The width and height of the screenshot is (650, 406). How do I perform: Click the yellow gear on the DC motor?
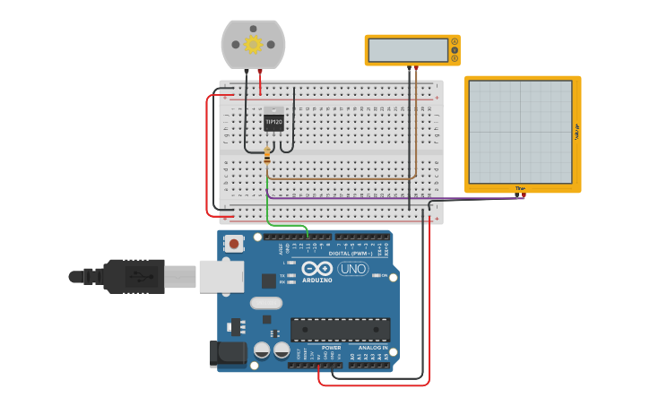coord(253,44)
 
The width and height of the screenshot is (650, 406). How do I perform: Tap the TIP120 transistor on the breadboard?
coord(273,121)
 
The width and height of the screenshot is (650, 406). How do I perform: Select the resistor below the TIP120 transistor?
coord(267,157)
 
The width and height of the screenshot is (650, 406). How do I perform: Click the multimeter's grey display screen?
coord(408,50)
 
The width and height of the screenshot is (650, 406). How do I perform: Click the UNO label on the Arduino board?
coord(352,269)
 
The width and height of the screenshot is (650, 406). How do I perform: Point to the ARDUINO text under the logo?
coord(317,281)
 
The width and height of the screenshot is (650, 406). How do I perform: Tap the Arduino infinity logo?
coord(317,268)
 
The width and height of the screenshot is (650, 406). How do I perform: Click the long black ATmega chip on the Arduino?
coord(340,329)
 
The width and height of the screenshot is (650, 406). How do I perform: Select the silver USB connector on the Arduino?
coord(221,276)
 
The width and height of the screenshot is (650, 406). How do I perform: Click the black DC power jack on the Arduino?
coord(228,353)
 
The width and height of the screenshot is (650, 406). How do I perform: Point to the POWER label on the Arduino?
coord(331,347)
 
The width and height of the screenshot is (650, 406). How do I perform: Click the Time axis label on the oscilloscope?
coord(520,187)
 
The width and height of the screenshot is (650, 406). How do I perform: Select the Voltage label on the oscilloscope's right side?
coord(576,132)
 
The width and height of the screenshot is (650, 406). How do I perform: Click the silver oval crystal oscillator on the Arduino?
coord(266,303)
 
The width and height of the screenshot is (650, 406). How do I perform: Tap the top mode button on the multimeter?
coord(455,41)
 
